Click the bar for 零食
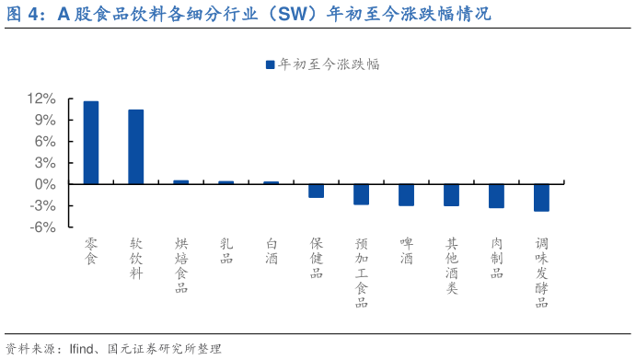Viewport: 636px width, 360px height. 91,143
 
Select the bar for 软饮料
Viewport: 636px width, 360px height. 136,147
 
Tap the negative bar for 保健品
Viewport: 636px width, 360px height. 316,191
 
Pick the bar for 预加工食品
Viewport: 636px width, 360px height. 361,194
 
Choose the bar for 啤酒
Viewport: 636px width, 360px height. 406,195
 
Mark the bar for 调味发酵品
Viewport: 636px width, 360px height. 541,198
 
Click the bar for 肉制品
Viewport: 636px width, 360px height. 496,196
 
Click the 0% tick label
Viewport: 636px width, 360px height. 45,184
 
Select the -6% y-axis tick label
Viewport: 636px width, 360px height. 43,227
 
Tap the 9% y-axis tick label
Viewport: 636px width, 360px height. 45,120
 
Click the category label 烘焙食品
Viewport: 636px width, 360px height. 181,265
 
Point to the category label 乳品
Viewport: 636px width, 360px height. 226,251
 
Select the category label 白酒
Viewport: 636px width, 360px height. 272,251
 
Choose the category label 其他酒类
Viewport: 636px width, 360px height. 451,265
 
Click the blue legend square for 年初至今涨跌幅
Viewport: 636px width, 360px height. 271,64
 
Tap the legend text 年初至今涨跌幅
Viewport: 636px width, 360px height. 330,64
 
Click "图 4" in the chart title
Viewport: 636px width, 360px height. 25,14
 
